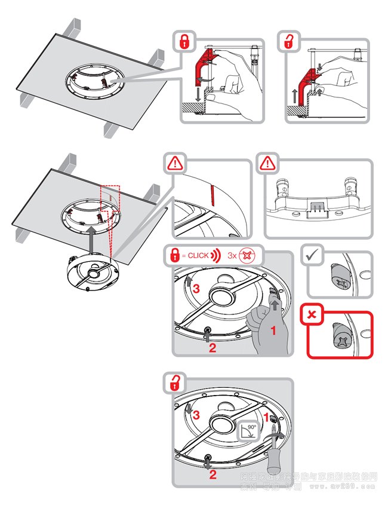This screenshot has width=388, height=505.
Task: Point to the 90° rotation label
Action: coord(251,429)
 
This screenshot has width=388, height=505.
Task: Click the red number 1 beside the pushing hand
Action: coord(274,330)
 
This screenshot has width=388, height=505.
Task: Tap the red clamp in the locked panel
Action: coord(200,69)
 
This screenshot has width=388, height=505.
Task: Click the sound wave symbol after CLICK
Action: coord(216,255)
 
